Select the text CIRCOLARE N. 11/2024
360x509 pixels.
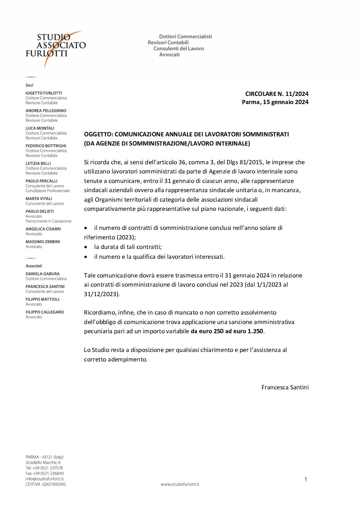click(277, 94)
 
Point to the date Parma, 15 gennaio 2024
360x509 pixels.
click(275, 102)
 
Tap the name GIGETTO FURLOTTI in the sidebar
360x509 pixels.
click(44, 93)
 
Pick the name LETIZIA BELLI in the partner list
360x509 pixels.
click(38, 164)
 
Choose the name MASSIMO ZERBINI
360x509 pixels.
click(43, 242)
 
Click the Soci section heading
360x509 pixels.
click(29, 85)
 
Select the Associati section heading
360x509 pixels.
click(34, 266)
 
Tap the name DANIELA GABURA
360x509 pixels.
click(42, 274)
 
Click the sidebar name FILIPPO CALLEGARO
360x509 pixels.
click(45, 312)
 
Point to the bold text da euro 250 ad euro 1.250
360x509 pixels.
click(227, 331)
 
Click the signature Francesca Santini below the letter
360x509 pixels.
click(285, 387)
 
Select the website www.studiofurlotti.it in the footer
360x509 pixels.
click(180, 484)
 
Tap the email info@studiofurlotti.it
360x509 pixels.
click(44, 479)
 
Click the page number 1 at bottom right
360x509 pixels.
click(306, 479)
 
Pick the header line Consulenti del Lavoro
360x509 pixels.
click(179, 49)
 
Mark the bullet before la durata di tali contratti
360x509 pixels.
click(86, 247)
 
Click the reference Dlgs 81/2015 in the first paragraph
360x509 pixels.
click(244, 162)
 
